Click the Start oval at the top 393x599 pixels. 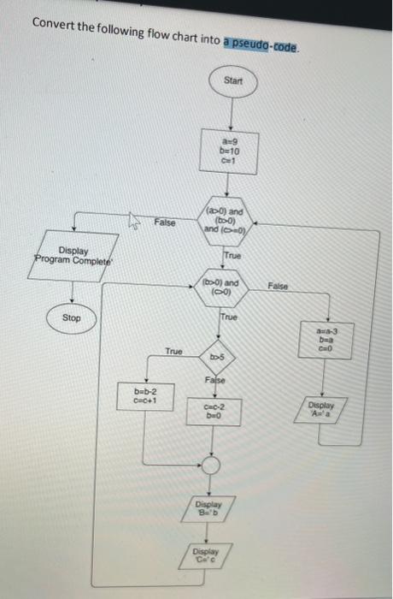pyautogui.click(x=232, y=81)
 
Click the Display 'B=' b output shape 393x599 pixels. pyautogui.click(x=209, y=511)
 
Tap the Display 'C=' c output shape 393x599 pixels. pyautogui.click(x=205, y=557)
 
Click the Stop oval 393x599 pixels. pyautogui.click(x=72, y=317)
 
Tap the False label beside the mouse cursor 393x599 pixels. pyautogui.click(x=165, y=222)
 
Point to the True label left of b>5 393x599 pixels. pyautogui.click(x=173, y=351)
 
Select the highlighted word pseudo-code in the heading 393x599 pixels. pyautogui.click(x=261, y=46)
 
